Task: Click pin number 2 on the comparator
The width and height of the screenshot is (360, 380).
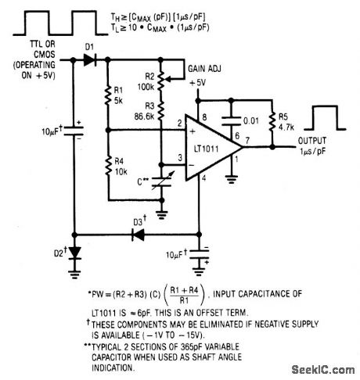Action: (x=180, y=123)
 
